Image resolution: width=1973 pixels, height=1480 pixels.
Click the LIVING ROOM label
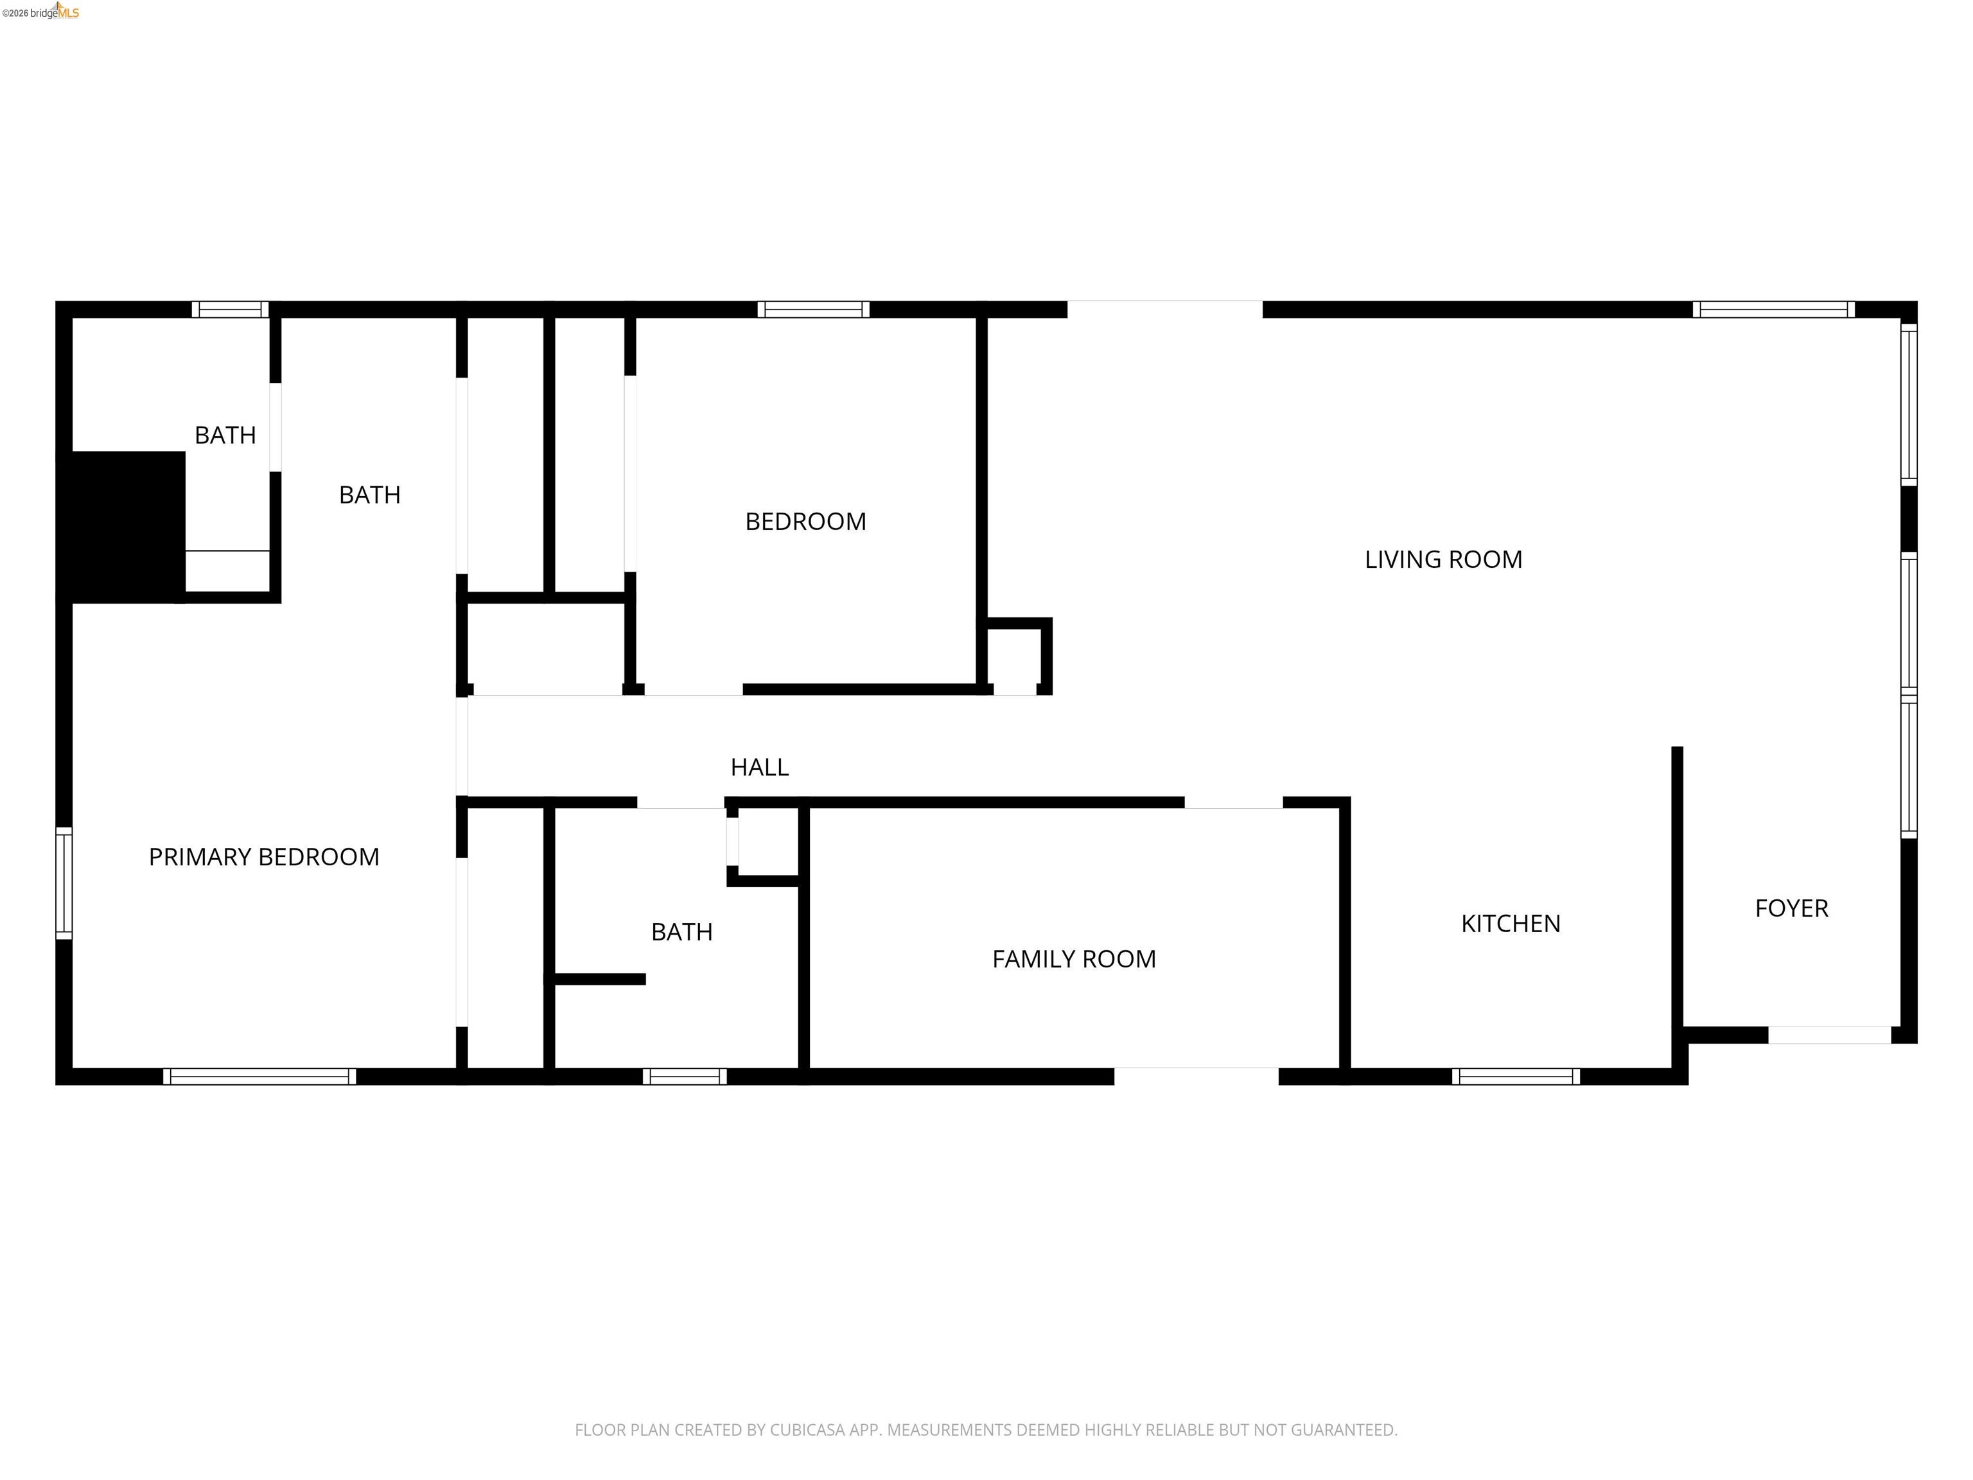[x=1442, y=559]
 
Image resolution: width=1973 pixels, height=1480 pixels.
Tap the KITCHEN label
[x=1510, y=923]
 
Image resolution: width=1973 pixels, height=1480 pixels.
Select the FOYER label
[x=1791, y=908]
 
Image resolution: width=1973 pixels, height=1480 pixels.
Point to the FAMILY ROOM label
[x=1074, y=959]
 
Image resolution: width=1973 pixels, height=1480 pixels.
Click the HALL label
[x=759, y=767]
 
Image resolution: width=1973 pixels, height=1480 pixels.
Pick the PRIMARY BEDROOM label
[x=264, y=858]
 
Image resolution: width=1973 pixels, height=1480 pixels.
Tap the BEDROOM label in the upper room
[x=805, y=522]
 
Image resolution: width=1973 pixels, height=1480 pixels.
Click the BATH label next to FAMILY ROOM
[x=681, y=932]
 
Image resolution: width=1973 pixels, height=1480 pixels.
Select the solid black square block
[x=124, y=526]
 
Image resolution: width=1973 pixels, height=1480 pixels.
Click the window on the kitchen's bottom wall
[x=1516, y=1076]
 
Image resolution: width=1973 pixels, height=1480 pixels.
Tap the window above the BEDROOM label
[x=814, y=310]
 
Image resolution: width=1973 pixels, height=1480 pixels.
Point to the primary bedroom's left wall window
[x=64, y=883]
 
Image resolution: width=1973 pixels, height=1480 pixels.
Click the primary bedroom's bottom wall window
[x=259, y=1076]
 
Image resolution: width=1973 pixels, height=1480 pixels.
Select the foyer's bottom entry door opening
[x=1829, y=1035]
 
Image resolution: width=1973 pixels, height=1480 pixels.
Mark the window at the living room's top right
[x=1773, y=310]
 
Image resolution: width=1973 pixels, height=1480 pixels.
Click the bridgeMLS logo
[x=41, y=12]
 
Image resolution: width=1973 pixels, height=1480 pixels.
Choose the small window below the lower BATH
[x=684, y=1076]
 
